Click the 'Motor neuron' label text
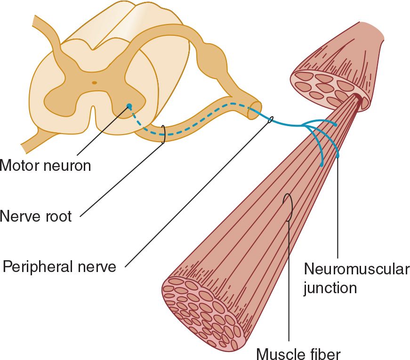point(45,165)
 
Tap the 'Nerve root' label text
point(36,216)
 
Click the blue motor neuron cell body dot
point(129,107)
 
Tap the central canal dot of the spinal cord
point(94,83)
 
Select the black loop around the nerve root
point(163,134)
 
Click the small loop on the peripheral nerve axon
point(270,120)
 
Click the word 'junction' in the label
point(330,287)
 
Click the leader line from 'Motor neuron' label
point(101,132)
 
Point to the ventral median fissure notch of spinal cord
point(94,115)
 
